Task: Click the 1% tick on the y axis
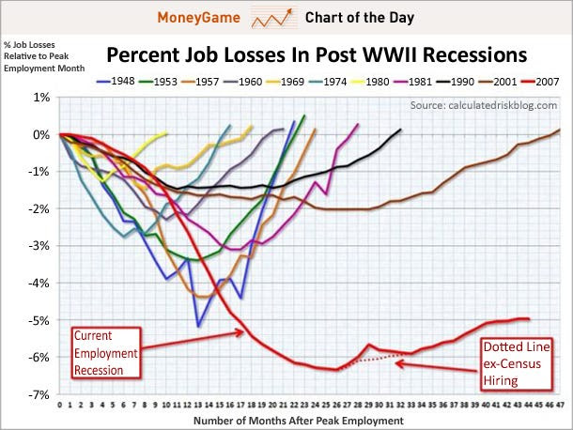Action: coord(41,98)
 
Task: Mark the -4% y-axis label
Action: coord(39,284)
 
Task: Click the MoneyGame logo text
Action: coord(200,17)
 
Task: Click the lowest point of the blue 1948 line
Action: coord(198,326)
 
